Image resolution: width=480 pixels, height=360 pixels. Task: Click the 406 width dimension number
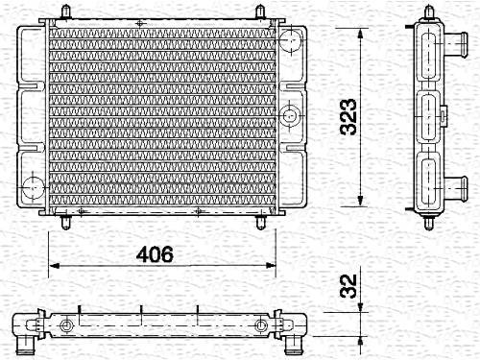[x=155, y=254]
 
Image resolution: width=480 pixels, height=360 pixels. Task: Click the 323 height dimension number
[x=348, y=117]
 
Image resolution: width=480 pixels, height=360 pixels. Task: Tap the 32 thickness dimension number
[x=348, y=286]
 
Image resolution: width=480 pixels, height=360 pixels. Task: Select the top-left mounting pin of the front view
[x=65, y=12]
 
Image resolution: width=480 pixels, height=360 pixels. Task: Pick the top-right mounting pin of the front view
[x=260, y=12]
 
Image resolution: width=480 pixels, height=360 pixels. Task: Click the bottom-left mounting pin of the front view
[x=65, y=222]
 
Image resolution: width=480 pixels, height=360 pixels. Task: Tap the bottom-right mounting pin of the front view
[x=261, y=222]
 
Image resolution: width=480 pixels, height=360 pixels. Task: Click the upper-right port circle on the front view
[x=291, y=40]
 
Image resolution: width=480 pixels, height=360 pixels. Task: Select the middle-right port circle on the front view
[x=290, y=115]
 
